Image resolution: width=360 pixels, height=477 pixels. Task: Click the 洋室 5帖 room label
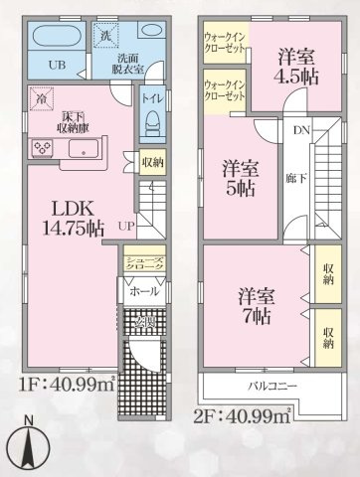click(240, 177)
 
